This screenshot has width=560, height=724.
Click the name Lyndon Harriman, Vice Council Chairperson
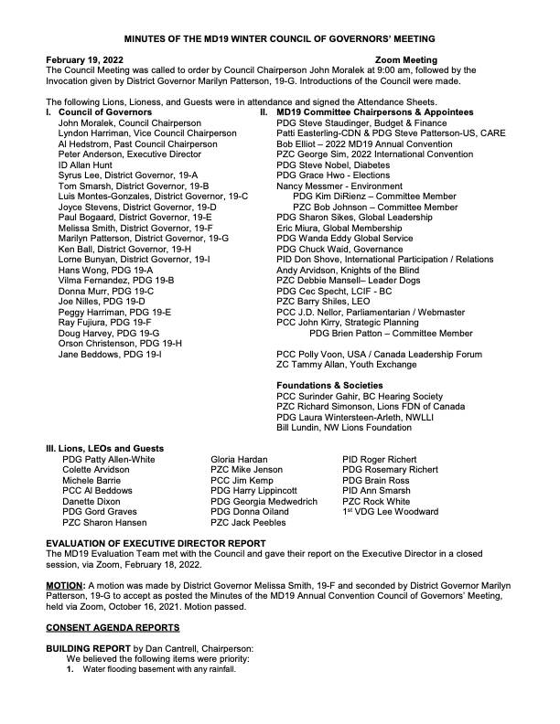[135, 133]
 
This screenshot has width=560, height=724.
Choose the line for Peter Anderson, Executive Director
[125, 154]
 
